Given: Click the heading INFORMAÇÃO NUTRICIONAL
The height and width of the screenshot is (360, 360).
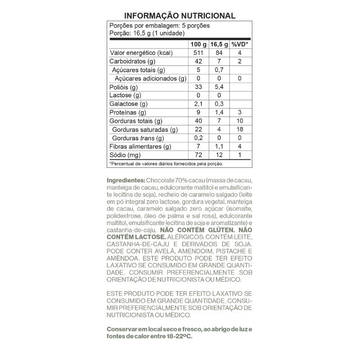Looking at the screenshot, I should (180, 16).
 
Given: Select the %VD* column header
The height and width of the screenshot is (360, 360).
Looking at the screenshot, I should (240, 45).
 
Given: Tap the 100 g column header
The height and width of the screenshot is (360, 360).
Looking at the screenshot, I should (198, 45).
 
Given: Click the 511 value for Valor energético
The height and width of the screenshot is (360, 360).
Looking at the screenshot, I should (198, 53).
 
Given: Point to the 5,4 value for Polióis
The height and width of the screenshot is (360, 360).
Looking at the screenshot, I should (219, 87).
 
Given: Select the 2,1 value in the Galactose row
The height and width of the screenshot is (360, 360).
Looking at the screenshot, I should (198, 104).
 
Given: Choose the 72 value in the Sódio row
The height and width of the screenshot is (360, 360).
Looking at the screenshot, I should (198, 155).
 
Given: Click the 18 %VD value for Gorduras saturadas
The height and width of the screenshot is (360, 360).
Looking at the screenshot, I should (240, 130).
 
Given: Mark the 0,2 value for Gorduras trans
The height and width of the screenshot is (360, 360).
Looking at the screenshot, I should (198, 138).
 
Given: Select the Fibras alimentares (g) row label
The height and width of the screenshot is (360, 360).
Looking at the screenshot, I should (140, 147).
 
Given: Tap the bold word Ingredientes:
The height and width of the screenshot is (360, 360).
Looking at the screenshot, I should (126, 180).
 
